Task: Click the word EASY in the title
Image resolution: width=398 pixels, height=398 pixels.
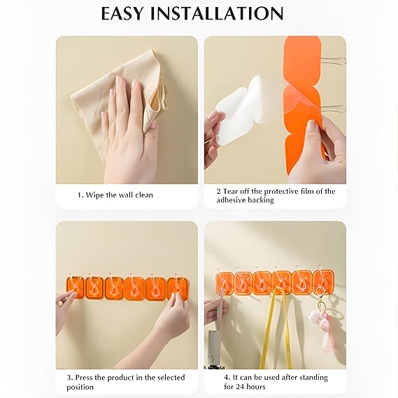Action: point(122,13)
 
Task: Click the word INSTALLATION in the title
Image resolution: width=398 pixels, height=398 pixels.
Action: point(218,13)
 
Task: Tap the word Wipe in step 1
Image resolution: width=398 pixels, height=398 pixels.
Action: point(94,195)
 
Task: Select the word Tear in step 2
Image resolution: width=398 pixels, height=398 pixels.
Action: point(231,191)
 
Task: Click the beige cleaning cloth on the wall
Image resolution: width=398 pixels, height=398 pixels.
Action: point(120,101)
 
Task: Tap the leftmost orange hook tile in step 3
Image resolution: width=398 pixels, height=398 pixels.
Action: point(75,287)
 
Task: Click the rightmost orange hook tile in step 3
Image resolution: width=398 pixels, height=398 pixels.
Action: point(178,288)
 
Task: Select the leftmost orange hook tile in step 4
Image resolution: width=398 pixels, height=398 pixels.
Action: point(225,283)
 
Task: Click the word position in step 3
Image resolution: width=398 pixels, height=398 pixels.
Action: point(80,387)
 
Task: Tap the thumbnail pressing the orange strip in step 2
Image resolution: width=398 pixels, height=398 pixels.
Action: point(312,125)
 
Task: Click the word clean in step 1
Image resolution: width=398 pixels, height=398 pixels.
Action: point(144,195)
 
